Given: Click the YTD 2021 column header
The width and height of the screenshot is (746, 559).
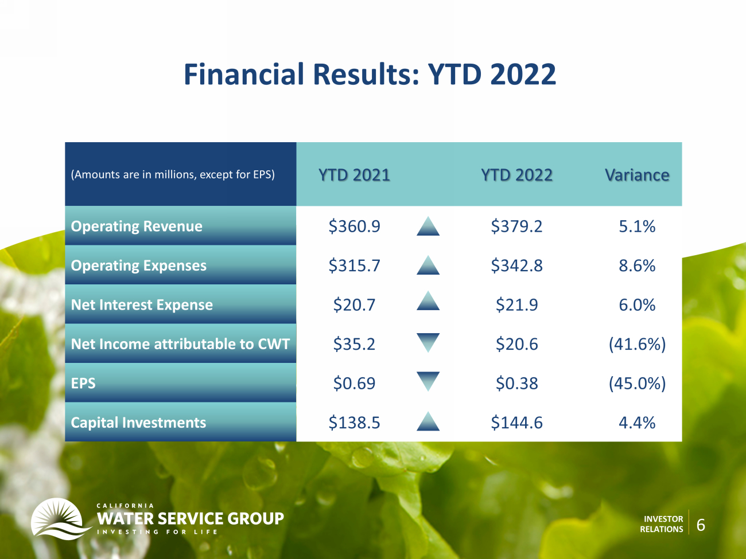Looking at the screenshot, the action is [x=354, y=175].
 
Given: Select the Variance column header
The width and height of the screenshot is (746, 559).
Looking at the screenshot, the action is [x=637, y=175].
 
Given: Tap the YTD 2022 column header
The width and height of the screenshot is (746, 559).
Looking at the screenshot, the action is [x=516, y=175].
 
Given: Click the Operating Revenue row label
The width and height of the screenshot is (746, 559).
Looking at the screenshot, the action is [x=137, y=226].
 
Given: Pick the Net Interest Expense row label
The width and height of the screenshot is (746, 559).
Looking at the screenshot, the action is [x=142, y=304].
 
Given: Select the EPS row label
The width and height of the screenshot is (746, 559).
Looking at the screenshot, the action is [x=83, y=383].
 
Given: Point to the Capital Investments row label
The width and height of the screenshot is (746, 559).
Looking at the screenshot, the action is [x=138, y=423].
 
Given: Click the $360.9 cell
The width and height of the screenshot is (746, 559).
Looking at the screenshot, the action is [x=354, y=226].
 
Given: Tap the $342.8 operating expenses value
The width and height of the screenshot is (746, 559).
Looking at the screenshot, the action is [x=516, y=265].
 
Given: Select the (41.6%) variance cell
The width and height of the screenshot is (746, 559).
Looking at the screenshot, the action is [x=637, y=344].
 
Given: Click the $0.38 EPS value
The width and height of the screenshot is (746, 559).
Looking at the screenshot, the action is [x=516, y=383].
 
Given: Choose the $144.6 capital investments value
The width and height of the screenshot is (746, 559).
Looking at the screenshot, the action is [x=516, y=423].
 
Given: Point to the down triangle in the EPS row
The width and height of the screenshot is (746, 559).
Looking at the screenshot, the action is [x=428, y=381].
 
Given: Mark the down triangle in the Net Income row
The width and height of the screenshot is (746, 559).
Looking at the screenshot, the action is [x=428, y=341].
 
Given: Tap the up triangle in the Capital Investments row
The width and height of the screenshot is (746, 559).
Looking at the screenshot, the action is [x=428, y=423].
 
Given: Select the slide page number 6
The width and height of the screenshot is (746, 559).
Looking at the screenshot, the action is [x=701, y=525].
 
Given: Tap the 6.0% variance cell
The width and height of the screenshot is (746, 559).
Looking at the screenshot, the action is [x=637, y=304].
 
